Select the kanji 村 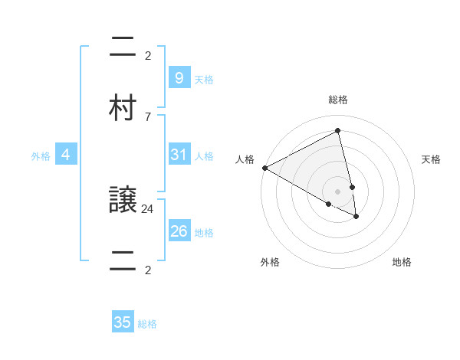click(x=123, y=108)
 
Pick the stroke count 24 click(x=148, y=208)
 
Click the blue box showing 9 click(x=179, y=77)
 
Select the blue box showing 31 click(x=179, y=155)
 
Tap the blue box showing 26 click(x=179, y=231)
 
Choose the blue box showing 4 click(x=66, y=155)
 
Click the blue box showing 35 click(x=123, y=322)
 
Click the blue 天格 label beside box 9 click(x=204, y=79)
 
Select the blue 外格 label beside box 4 click(x=41, y=155)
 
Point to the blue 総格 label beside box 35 click(x=147, y=324)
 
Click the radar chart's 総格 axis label click(x=338, y=100)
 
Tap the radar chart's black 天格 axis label click(x=432, y=159)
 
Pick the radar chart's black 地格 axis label click(x=402, y=262)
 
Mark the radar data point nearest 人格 click(x=264, y=168)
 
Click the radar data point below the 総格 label click(x=338, y=130)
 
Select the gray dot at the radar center click(x=338, y=191)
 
